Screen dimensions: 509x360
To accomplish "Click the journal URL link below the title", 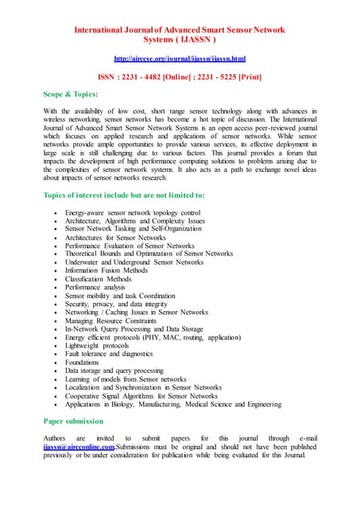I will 180,59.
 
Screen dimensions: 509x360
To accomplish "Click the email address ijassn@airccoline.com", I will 79,446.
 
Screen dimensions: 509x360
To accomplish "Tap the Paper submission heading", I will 73,421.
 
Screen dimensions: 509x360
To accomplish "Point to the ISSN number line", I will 180,77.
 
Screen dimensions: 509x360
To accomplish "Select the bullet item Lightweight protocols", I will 97,345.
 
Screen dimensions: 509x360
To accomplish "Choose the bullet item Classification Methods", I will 99,278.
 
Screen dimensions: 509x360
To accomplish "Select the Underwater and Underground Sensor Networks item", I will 134,262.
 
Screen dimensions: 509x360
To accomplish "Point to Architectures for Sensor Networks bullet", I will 115,237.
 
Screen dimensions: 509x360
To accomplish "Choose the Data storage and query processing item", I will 114,371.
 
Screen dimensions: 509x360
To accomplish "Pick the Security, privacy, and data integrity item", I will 116,304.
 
